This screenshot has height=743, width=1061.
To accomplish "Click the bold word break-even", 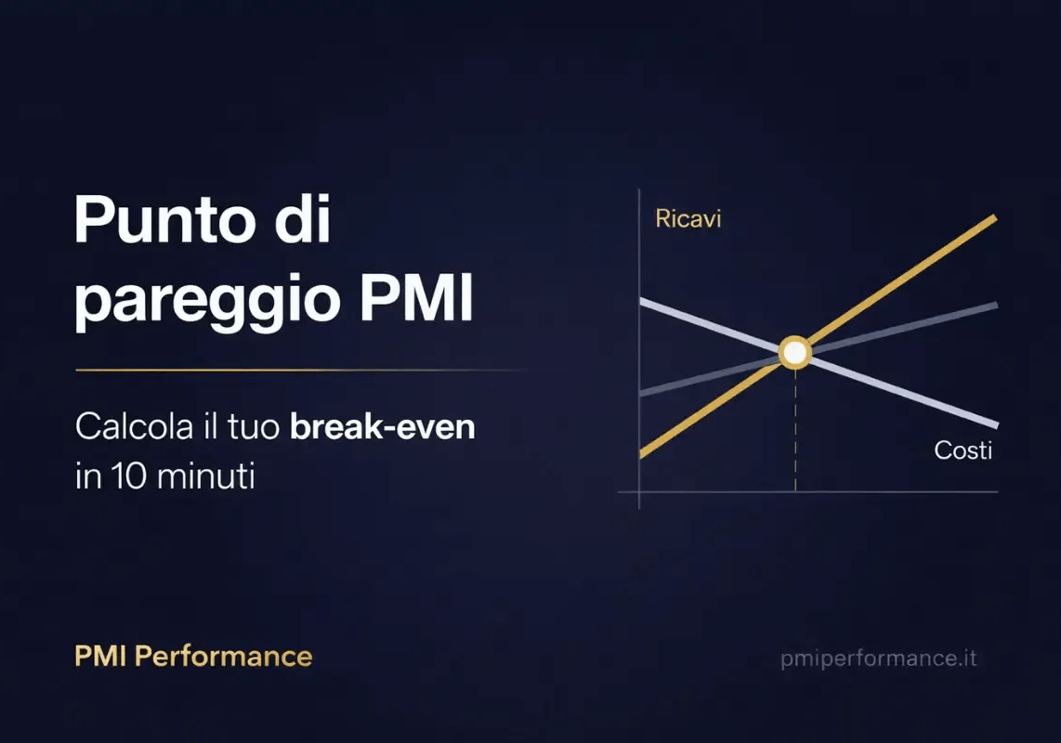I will coord(382,429).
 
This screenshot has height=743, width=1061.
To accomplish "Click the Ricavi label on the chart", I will coord(688,220).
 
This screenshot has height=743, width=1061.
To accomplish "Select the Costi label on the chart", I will coord(963,450).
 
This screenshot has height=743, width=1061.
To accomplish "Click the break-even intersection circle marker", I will coord(794,353).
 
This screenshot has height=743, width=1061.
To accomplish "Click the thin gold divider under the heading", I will coord(279,370).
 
